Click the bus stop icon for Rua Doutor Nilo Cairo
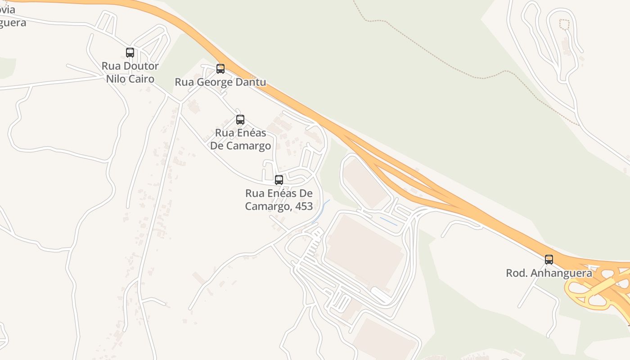pyautogui.click(x=130, y=53)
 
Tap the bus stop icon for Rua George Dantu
pyautogui.click(x=220, y=69)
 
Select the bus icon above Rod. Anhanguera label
pyautogui.click(x=549, y=260)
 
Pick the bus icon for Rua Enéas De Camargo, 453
pyautogui.click(x=279, y=180)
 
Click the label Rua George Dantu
pyautogui.click(x=220, y=82)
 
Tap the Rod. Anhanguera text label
pyautogui.click(x=549, y=273)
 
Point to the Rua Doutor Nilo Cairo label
pyautogui.click(x=130, y=72)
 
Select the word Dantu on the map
pyautogui.click(x=250, y=82)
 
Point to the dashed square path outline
pyautogui.click(x=564, y=24)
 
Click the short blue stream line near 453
pyautogui.click(x=320, y=211)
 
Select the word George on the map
pyautogui.click(x=214, y=82)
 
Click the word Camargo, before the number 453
pyautogui.click(x=265, y=207)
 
